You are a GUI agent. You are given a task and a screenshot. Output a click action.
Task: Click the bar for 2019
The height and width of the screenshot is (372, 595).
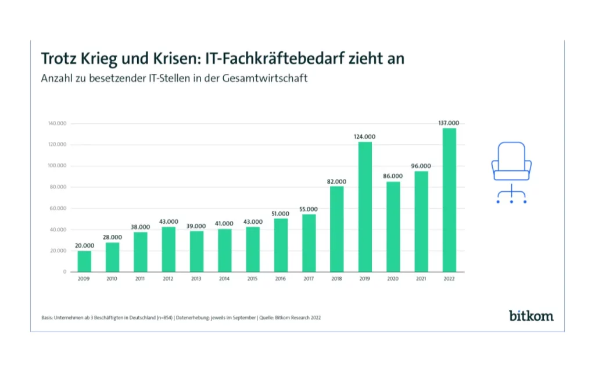point(365,207)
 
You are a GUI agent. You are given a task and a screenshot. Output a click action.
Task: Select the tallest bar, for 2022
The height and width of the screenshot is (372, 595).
point(449,200)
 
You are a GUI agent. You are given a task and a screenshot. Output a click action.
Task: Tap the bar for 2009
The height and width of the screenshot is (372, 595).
point(84,261)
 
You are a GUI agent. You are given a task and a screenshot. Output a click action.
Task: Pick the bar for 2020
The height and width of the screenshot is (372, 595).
point(393,227)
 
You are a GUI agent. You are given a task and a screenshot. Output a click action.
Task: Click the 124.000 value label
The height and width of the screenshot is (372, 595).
point(365,137)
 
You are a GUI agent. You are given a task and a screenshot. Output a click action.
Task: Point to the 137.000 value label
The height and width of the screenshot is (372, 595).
point(449,123)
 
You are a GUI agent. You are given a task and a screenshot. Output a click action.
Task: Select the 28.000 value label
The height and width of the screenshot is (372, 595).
point(112,237)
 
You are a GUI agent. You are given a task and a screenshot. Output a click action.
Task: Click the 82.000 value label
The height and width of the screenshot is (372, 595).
point(336,181)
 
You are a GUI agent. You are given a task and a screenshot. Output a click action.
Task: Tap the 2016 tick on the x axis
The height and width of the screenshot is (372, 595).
point(281,279)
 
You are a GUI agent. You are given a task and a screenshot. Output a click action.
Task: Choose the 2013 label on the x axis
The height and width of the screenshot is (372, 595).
point(196,279)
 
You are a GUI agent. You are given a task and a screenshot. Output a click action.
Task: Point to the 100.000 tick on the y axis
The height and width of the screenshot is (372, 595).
point(58,166)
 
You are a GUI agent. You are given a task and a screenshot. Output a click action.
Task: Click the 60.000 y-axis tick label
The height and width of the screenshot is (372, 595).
point(59,208)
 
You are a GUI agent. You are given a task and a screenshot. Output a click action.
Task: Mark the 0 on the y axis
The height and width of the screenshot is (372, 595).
point(65,272)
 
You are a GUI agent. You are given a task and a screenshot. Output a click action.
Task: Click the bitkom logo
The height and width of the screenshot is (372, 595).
point(531,316)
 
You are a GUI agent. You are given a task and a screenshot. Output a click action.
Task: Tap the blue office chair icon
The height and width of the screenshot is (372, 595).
point(511,172)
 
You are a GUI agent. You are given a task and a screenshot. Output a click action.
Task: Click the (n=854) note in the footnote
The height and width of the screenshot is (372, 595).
point(164,318)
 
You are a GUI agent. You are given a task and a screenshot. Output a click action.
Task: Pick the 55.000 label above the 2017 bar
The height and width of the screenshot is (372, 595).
point(309,209)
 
